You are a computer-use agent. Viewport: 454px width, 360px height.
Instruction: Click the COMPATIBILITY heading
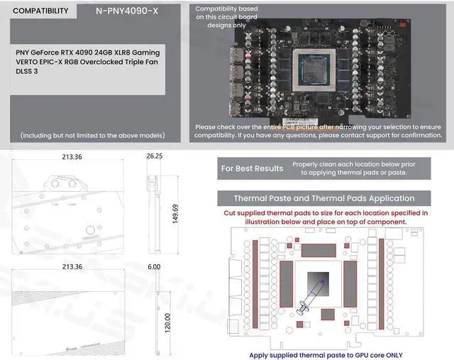pos(40,11)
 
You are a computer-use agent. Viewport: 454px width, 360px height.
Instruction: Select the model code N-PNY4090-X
pos(127,11)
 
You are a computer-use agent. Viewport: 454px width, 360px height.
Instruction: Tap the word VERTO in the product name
pos(33,62)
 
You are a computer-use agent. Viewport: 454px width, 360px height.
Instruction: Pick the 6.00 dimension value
pos(154,266)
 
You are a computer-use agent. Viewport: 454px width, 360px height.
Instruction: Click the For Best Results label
pos(252,168)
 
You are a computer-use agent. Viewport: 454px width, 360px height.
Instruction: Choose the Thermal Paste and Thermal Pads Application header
pos(324,198)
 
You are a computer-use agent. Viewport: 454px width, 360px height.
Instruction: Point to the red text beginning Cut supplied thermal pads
pos(326,217)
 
